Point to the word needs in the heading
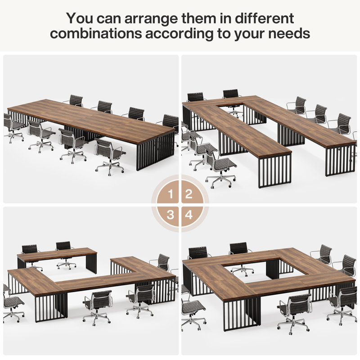point(290,34)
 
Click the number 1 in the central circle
point(171,194)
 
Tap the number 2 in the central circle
point(189,194)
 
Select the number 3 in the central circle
point(171,215)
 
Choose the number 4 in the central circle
point(189,215)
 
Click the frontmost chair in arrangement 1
point(109,155)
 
